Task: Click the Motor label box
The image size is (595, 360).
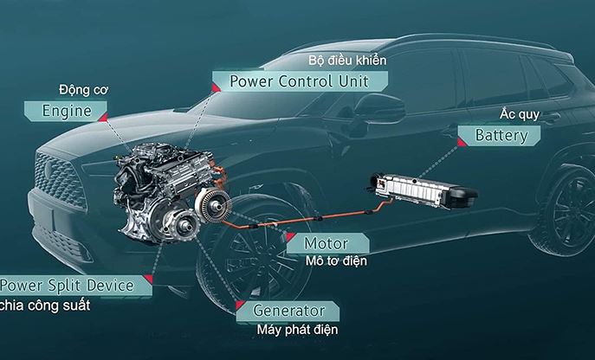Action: point(327,243)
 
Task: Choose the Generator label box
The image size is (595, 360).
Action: point(288,311)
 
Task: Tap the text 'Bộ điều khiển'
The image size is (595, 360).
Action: point(347,61)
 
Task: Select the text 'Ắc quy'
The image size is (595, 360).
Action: point(514,114)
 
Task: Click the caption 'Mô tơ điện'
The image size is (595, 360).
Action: point(337,261)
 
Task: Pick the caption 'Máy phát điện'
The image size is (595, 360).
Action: point(296,330)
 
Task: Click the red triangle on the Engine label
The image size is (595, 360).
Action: point(102,116)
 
